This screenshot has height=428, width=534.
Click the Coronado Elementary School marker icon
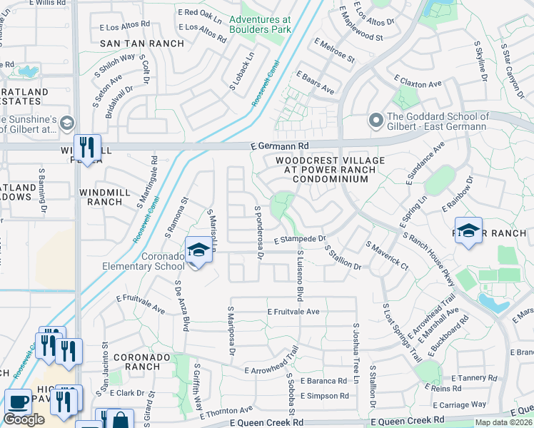coord(197,250)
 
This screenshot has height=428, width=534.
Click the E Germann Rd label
coord(279,146)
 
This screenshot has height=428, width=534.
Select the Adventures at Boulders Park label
coord(261,24)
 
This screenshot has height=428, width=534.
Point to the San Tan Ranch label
coord(141,44)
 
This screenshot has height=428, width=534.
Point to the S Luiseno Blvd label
coord(301,275)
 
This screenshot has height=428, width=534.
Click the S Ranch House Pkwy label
coord(428,258)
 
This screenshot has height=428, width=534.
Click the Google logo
coord(24,419)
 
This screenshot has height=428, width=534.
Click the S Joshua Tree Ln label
coord(355,348)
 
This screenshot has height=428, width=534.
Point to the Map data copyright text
coord(503,422)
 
